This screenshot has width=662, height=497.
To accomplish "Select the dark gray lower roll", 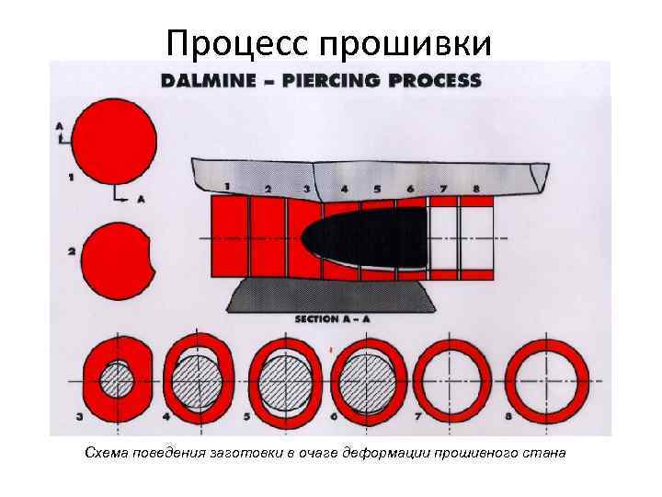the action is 338,296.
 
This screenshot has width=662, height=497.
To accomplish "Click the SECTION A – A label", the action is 332,319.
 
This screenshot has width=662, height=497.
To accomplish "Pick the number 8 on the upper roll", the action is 475,189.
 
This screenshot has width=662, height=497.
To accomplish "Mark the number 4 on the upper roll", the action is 344,189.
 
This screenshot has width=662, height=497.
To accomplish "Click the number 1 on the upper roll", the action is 226,187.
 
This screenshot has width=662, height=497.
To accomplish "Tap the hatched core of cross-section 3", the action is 116,381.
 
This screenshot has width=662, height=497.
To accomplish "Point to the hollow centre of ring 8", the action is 546,380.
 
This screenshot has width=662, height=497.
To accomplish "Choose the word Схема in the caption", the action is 104,453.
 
